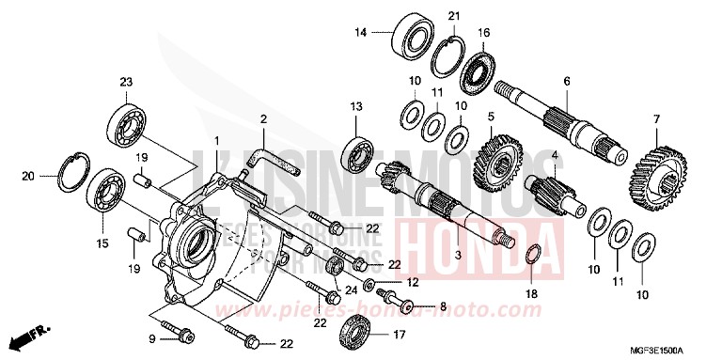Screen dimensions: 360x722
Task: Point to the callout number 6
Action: pos(567,81)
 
